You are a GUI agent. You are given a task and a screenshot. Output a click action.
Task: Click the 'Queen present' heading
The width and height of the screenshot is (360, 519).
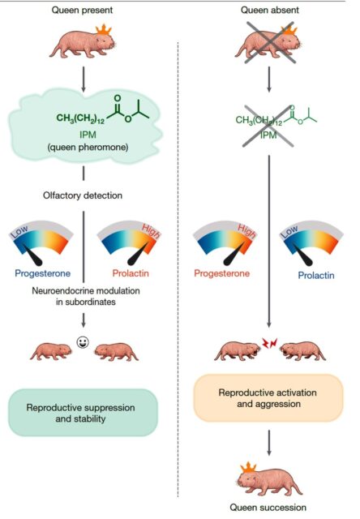click(82, 10)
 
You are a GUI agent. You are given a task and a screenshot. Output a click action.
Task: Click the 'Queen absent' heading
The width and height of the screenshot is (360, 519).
click(270, 10)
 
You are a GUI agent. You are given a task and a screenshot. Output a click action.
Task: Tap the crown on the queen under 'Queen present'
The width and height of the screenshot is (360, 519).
click(104, 30)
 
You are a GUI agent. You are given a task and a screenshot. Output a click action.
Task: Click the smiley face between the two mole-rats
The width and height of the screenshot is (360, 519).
click(83, 342)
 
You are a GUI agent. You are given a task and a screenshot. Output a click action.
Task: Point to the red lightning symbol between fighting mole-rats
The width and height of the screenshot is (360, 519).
click(269, 343)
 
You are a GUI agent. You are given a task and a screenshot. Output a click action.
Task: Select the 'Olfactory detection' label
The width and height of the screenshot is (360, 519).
click(83, 195)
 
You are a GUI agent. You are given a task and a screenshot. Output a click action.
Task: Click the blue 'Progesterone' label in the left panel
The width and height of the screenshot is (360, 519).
click(43, 273)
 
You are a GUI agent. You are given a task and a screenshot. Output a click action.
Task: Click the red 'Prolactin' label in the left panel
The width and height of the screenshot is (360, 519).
click(131, 273)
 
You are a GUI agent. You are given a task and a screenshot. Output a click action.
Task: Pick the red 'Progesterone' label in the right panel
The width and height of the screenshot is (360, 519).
click(221, 273)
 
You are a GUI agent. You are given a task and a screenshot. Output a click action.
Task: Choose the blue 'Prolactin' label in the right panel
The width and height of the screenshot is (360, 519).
click(316, 276)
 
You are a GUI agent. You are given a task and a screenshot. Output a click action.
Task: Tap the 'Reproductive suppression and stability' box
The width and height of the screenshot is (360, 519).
click(83, 413)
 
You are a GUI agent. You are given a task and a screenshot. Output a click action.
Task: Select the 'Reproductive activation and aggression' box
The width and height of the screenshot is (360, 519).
click(268, 398)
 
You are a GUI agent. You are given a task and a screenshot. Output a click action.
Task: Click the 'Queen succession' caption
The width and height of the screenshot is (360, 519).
click(268, 508)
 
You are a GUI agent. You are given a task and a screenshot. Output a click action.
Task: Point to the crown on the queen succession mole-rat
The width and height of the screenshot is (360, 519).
click(248, 468)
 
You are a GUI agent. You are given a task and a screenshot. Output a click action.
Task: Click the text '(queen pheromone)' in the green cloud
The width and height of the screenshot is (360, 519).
click(88, 148)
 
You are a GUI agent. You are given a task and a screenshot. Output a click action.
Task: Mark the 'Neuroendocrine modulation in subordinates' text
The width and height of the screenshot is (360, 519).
click(86, 296)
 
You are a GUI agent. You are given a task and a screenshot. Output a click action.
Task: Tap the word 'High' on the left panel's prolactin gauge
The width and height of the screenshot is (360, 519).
click(151, 231)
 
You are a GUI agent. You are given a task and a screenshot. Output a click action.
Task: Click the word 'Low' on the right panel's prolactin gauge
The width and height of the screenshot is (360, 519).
click(289, 231)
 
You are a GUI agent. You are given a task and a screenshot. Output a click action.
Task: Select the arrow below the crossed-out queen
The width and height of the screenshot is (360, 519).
click(269, 79)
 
